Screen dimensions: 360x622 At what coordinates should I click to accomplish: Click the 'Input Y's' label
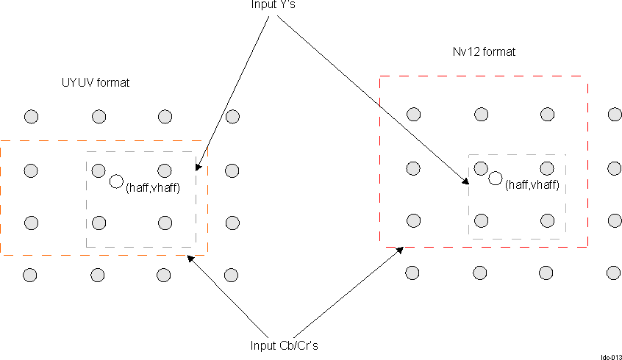[x=273, y=6]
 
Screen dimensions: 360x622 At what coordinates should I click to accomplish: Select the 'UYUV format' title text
[x=95, y=82]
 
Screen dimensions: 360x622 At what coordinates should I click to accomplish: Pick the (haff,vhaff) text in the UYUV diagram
[x=154, y=188]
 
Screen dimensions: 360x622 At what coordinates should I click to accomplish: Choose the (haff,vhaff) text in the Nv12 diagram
[x=533, y=185]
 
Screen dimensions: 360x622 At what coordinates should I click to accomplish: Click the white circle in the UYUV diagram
[x=116, y=181]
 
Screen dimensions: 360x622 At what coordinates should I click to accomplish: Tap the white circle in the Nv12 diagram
[x=496, y=178]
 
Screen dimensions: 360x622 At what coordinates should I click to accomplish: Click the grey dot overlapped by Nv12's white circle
[x=481, y=168]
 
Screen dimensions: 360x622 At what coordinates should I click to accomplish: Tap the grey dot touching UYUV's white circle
[x=99, y=170]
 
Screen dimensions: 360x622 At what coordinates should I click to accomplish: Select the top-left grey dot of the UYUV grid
[x=31, y=116]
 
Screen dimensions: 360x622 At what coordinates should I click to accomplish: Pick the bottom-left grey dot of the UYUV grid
[x=30, y=275]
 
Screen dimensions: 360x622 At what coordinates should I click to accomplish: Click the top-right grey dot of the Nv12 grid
[x=615, y=114]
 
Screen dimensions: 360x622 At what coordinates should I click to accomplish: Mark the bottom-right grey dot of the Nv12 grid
[x=613, y=273]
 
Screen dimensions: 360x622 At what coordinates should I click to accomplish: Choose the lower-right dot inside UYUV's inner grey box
[x=165, y=223]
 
